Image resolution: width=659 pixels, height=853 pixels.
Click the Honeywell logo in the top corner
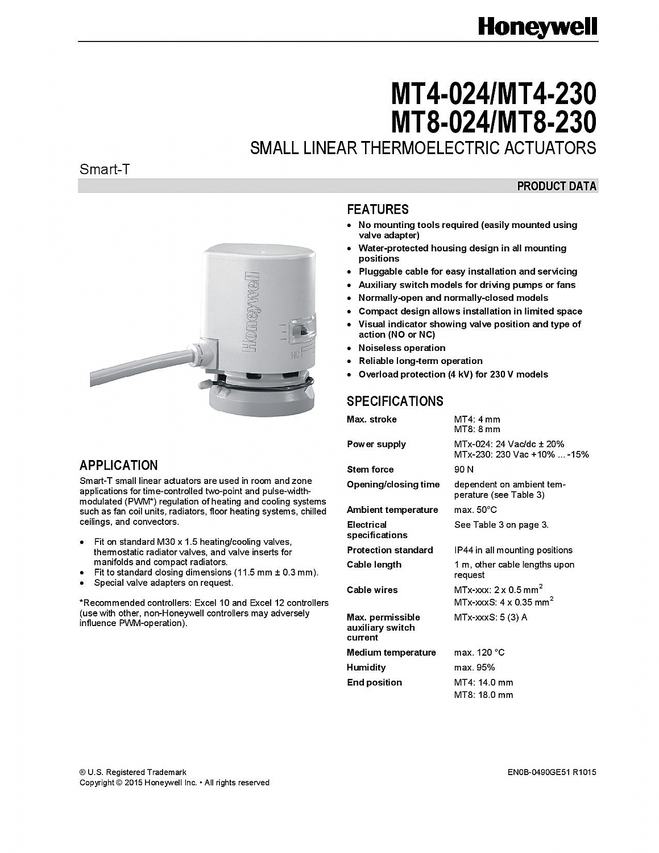click(537, 27)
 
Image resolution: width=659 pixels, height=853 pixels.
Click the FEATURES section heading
click(378, 209)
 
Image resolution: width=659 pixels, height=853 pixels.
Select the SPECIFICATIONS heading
click(395, 401)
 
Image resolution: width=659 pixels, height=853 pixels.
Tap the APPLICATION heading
click(118, 465)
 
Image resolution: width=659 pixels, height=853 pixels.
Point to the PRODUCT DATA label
click(557, 186)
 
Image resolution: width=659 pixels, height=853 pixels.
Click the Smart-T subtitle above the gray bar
click(105, 169)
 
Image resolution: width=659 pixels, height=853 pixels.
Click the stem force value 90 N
click(464, 469)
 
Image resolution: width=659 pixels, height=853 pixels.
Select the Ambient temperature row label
click(392, 510)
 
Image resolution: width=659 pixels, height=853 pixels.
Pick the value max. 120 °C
click(479, 652)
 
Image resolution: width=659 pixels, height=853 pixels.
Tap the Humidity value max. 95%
click(474, 667)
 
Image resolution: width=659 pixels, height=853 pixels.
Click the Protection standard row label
click(389, 550)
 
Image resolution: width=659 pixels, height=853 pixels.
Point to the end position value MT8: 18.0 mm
click(483, 694)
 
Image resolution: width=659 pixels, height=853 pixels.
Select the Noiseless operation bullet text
click(401, 347)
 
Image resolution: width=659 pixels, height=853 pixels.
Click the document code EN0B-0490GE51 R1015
click(552, 772)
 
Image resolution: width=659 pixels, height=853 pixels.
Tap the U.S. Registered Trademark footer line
click(133, 772)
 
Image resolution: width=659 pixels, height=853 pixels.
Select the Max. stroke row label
click(372, 419)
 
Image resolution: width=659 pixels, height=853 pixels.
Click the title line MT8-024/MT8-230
click(494, 122)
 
